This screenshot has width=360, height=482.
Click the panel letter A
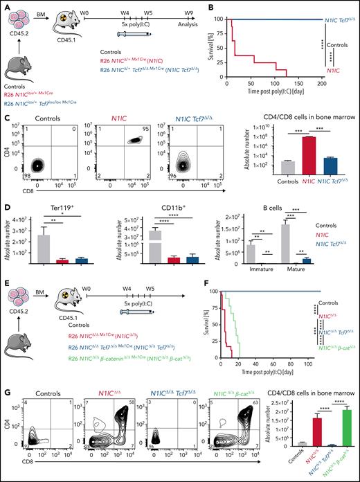pyautogui.click(x=5, y=5)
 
